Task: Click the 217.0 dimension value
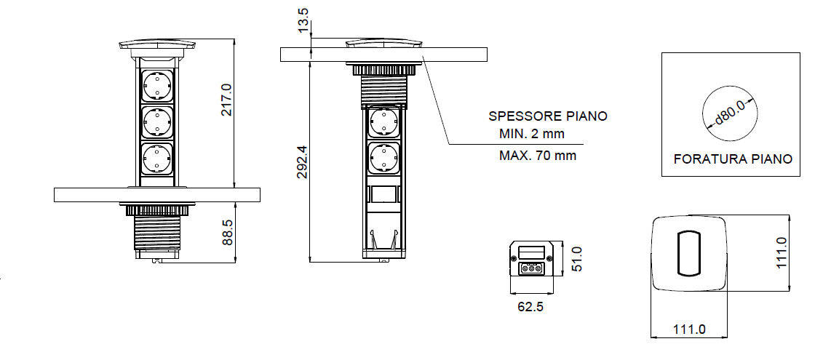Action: click(x=226, y=100)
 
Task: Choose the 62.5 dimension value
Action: click(x=530, y=306)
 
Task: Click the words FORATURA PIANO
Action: click(x=733, y=159)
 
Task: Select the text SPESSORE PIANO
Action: click(x=547, y=116)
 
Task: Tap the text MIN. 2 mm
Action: click(x=532, y=134)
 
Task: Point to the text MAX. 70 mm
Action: click(x=538, y=155)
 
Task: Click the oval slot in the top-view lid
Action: click(x=687, y=254)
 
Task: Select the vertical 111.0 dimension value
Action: click(x=782, y=253)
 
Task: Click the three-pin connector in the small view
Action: click(x=531, y=268)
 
